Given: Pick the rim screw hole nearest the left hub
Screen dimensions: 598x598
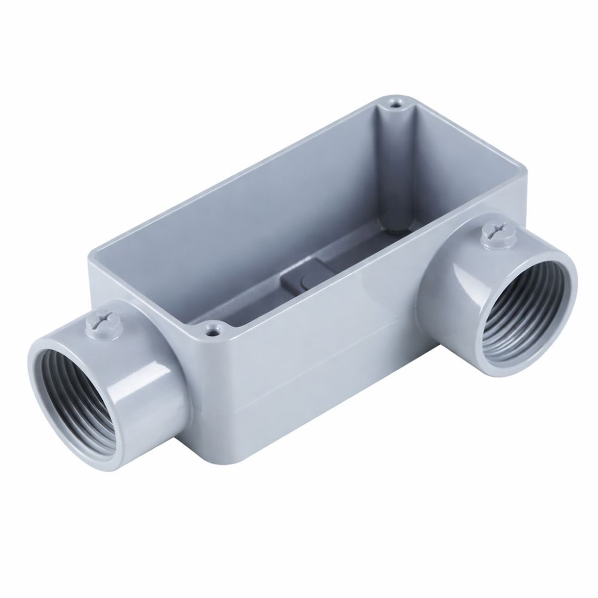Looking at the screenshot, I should [212, 328].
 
